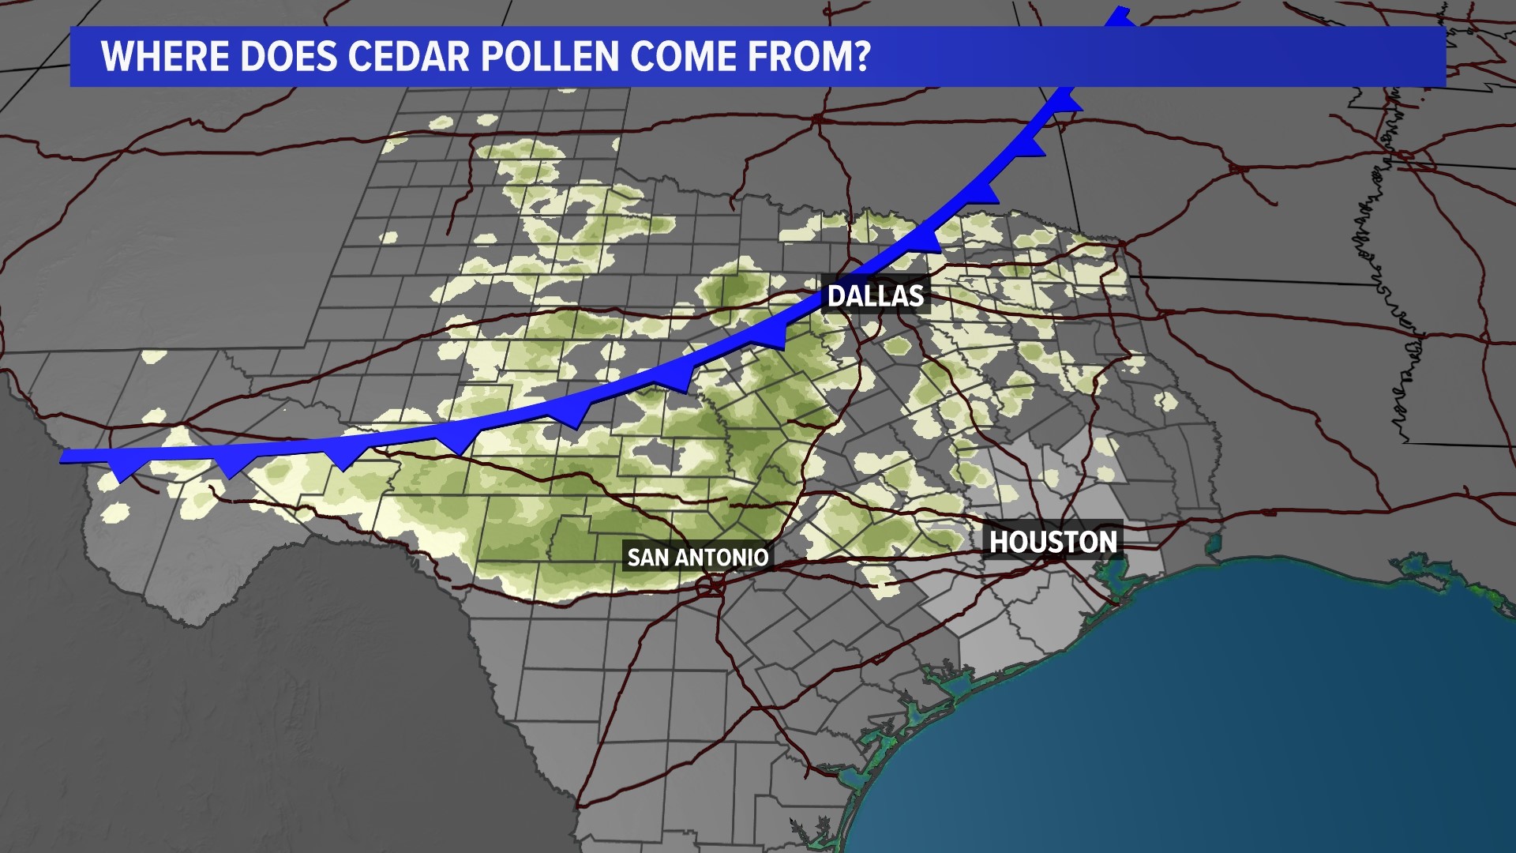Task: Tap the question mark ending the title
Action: click(861, 56)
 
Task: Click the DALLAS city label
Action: click(876, 296)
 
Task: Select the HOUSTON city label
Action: click(1053, 542)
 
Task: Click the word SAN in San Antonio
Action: click(647, 558)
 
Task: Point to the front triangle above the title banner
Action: click(1118, 17)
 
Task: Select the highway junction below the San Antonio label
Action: click(712, 586)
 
